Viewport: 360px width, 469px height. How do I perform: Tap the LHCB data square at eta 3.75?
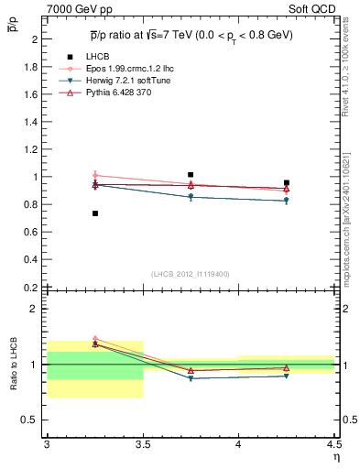click(x=191, y=174)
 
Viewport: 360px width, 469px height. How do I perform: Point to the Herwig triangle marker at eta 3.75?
click(x=191, y=197)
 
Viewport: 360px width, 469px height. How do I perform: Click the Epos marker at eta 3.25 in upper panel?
click(x=95, y=175)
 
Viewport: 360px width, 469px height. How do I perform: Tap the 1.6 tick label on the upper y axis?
click(x=28, y=94)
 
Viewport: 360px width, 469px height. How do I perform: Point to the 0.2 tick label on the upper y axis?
click(x=28, y=288)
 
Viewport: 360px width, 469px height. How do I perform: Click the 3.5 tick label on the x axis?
click(x=142, y=444)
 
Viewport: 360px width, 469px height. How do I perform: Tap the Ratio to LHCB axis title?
click(x=13, y=364)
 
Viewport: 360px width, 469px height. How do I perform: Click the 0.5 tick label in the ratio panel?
click(x=28, y=420)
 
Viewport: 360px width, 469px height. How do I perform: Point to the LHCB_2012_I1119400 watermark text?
click(x=190, y=274)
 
